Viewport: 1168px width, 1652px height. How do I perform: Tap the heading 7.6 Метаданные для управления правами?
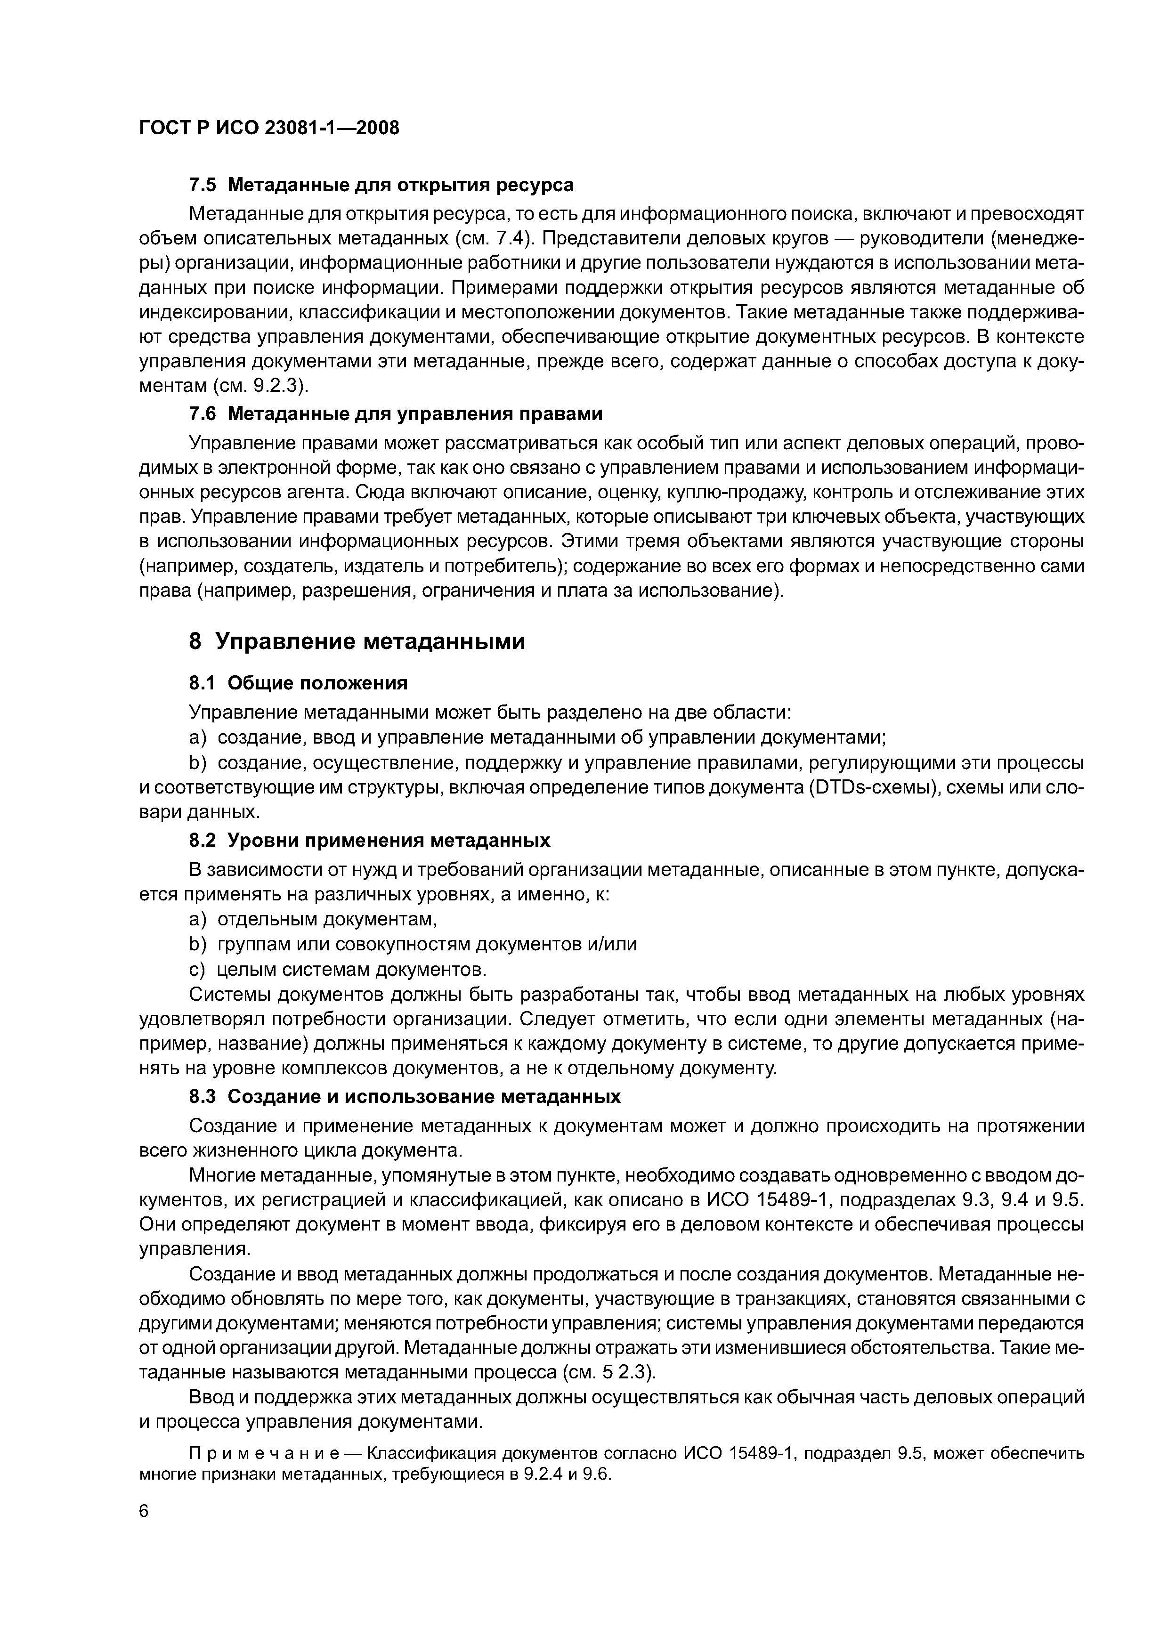(x=395, y=414)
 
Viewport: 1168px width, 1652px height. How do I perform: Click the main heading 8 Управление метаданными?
(x=357, y=640)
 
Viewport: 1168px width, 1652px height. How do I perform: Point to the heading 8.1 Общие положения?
(x=298, y=682)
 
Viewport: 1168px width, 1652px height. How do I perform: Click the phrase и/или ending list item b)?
(x=612, y=944)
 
